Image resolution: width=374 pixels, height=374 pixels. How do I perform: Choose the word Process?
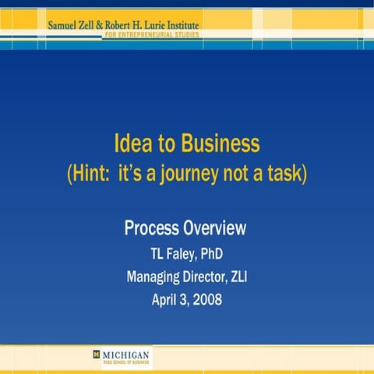pyautogui.click(x=151, y=228)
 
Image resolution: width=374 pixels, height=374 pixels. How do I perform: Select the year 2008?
pyautogui.click(x=206, y=298)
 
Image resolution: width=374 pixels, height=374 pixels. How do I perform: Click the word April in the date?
pyautogui.click(x=165, y=298)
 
